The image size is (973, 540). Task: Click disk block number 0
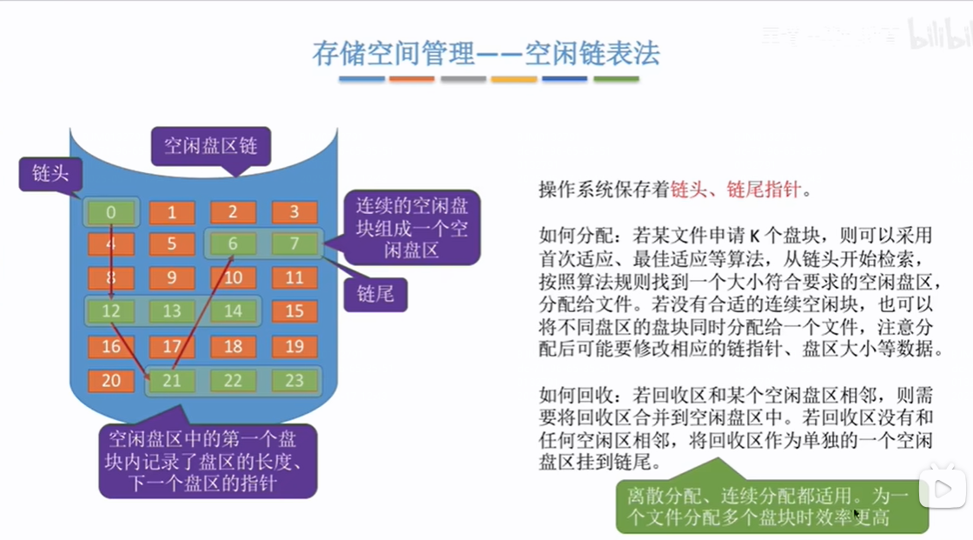click(x=110, y=212)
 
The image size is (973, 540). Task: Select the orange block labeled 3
click(x=295, y=212)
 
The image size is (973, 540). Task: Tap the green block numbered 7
click(x=295, y=244)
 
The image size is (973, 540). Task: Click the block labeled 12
click(x=110, y=311)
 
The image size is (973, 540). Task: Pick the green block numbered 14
click(x=233, y=311)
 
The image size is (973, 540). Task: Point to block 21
click(x=171, y=381)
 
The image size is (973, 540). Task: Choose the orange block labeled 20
click(x=110, y=381)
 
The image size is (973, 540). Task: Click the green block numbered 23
click(x=295, y=381)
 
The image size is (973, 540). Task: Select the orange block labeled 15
click(x=295, y=311)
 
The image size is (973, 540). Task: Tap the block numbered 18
click(x=233, y=347)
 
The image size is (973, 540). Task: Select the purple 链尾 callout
click(x=374, y=294)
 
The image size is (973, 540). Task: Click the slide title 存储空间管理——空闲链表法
click(x=486, y=53)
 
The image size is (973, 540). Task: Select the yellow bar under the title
click(x=514, y=79)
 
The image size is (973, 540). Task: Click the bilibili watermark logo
click(x=938, y=36)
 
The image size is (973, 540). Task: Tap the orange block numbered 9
click(x=171, y=278)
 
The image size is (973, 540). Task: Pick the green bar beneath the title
click(x=616, y=79)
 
